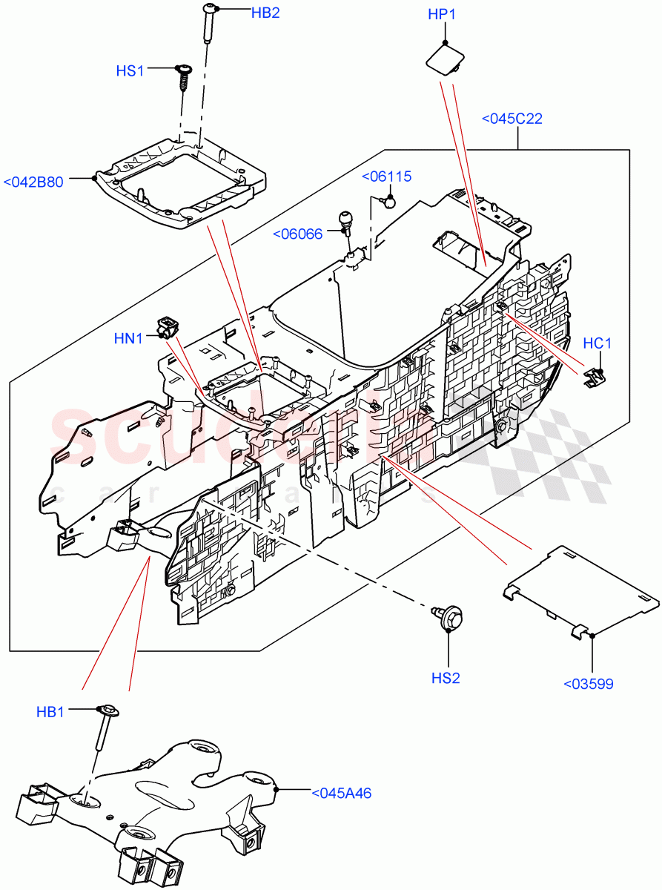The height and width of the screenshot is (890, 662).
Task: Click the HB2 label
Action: tap(245, 13)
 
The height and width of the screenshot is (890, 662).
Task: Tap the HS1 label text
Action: tap(130, 70)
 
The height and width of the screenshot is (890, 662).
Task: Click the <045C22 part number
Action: tap(512, 119)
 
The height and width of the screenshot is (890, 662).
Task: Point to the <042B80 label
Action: tap(44, 182)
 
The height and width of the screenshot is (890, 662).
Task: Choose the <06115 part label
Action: tap(386, 177)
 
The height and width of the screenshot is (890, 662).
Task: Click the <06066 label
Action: tap(298, 234)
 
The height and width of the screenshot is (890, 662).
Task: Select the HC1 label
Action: tap(597, 343)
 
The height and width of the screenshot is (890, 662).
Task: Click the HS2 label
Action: tap(446, 678)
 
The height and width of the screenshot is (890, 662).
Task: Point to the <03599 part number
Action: tap(589, 684)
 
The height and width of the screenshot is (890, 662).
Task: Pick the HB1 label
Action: tap(50, 711)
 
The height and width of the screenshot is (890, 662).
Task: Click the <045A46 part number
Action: tap(341, 793)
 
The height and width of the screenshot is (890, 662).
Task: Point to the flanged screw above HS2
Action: tap(448, 616)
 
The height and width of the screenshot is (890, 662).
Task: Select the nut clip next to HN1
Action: tap(168, 325)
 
